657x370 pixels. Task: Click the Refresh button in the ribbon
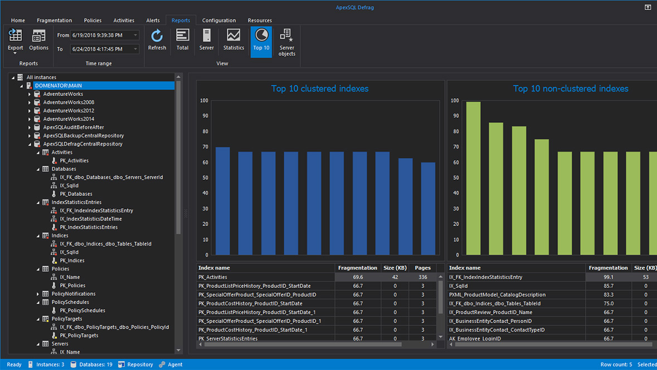click(157, 40)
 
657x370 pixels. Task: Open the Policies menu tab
click(93, 21)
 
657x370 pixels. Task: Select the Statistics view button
click(233, 40)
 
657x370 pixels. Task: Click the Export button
click(16, 40)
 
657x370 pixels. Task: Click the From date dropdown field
click(104, 35)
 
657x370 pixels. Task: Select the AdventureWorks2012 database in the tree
click(69, 110)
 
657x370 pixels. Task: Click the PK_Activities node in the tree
click(74, 161)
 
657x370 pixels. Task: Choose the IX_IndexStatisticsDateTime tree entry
click(91, 219)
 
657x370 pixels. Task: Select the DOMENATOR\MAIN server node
click(59, 86)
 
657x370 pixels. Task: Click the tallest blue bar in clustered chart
click(223, 201)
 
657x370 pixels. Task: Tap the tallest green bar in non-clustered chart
click(473, 179)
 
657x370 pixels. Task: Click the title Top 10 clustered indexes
click(319, 89)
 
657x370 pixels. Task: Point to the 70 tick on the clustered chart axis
click(205, 147)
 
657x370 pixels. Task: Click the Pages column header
click(422, 268)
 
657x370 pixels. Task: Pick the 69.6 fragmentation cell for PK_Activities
click(358, 277)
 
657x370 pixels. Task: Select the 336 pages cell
click(422, 277)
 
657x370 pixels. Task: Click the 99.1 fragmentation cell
click(608, 277)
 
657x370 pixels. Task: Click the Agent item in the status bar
click(175, 364)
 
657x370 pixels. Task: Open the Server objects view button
click(286, 41)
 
